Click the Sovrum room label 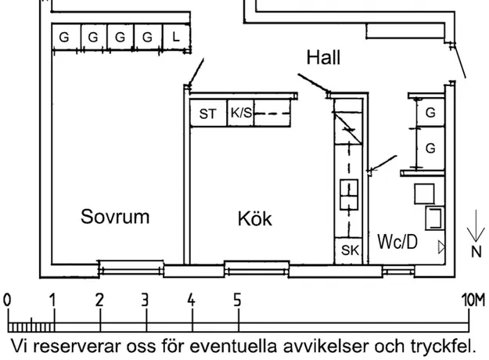[115, 217]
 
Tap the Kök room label [255, 219]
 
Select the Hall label [323, 58]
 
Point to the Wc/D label [397, 241]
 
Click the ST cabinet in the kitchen [207, 113]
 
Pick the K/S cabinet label [241, 113]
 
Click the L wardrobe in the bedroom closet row [174, 37]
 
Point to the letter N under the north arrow [476, 252]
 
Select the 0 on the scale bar [7, 300]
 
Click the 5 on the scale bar [237, 300]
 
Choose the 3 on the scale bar [146, 300]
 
